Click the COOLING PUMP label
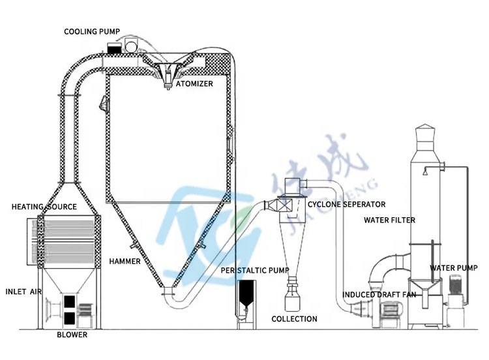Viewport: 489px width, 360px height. (92, 31)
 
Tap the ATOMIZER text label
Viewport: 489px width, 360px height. (194, 83)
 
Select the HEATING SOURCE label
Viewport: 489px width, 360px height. (44, 207)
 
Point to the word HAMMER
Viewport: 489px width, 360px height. (125, 262)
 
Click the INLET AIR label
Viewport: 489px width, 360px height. (23, 292)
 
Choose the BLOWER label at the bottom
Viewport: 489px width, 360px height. (72, 335)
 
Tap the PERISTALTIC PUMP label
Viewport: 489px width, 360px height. (255, 271)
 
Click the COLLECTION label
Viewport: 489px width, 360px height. (294, 319)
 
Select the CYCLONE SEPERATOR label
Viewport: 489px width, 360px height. (346, 204)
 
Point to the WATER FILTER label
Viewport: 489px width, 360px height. (389, 220)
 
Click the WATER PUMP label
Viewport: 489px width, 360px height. (453, 268)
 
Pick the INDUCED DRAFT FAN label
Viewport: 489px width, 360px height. (379, 295)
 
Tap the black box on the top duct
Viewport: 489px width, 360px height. (113, 48)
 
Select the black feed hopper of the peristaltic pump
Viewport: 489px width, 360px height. (245, 294)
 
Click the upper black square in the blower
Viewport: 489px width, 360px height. (69, 302)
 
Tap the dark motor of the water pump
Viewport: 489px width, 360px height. (456, 285)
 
